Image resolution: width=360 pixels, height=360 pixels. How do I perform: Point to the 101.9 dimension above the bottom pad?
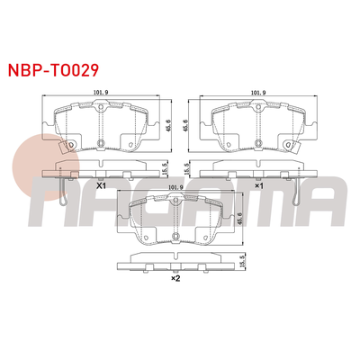click(176, 188)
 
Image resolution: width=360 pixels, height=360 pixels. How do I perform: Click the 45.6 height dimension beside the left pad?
click(167, 127)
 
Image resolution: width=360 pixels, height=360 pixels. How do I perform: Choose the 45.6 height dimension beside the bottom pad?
click(242, 220)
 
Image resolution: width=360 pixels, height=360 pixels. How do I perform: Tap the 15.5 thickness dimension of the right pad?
click(186, 167)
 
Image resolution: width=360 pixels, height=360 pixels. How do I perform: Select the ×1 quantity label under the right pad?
click(258, 185)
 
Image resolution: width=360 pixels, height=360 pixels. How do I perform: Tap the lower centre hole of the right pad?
click(258, 143)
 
